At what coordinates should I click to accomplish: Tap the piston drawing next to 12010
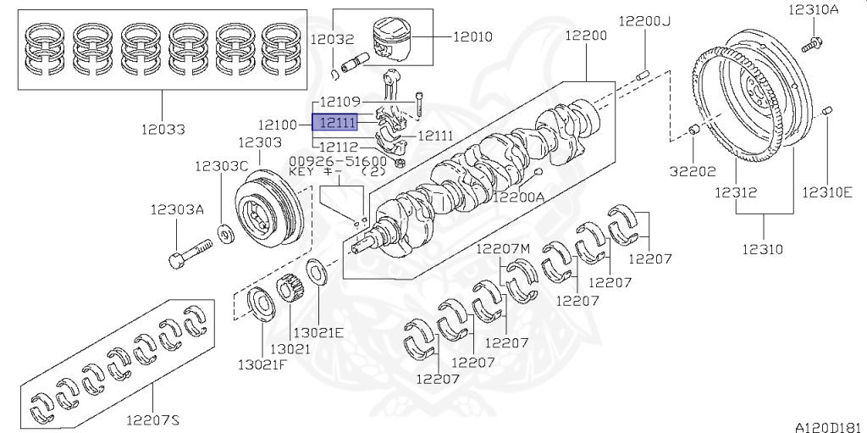pos(393,40)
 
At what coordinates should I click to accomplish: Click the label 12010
pos(473,36)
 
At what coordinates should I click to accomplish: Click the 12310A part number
pos(814,10)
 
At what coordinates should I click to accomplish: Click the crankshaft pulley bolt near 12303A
pos(191,252)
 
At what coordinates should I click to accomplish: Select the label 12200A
pos(519,197)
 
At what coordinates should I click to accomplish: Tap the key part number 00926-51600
pos(338,160)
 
